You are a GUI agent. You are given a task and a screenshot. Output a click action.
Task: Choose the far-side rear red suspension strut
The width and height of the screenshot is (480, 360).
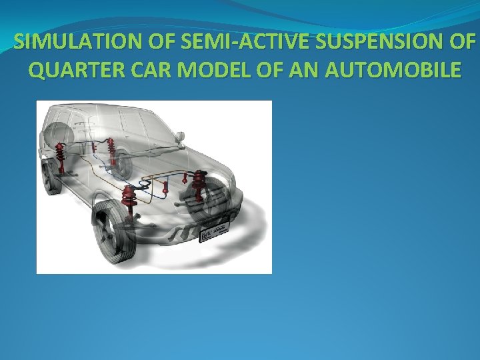pyautogui.click(x=111, y=153)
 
